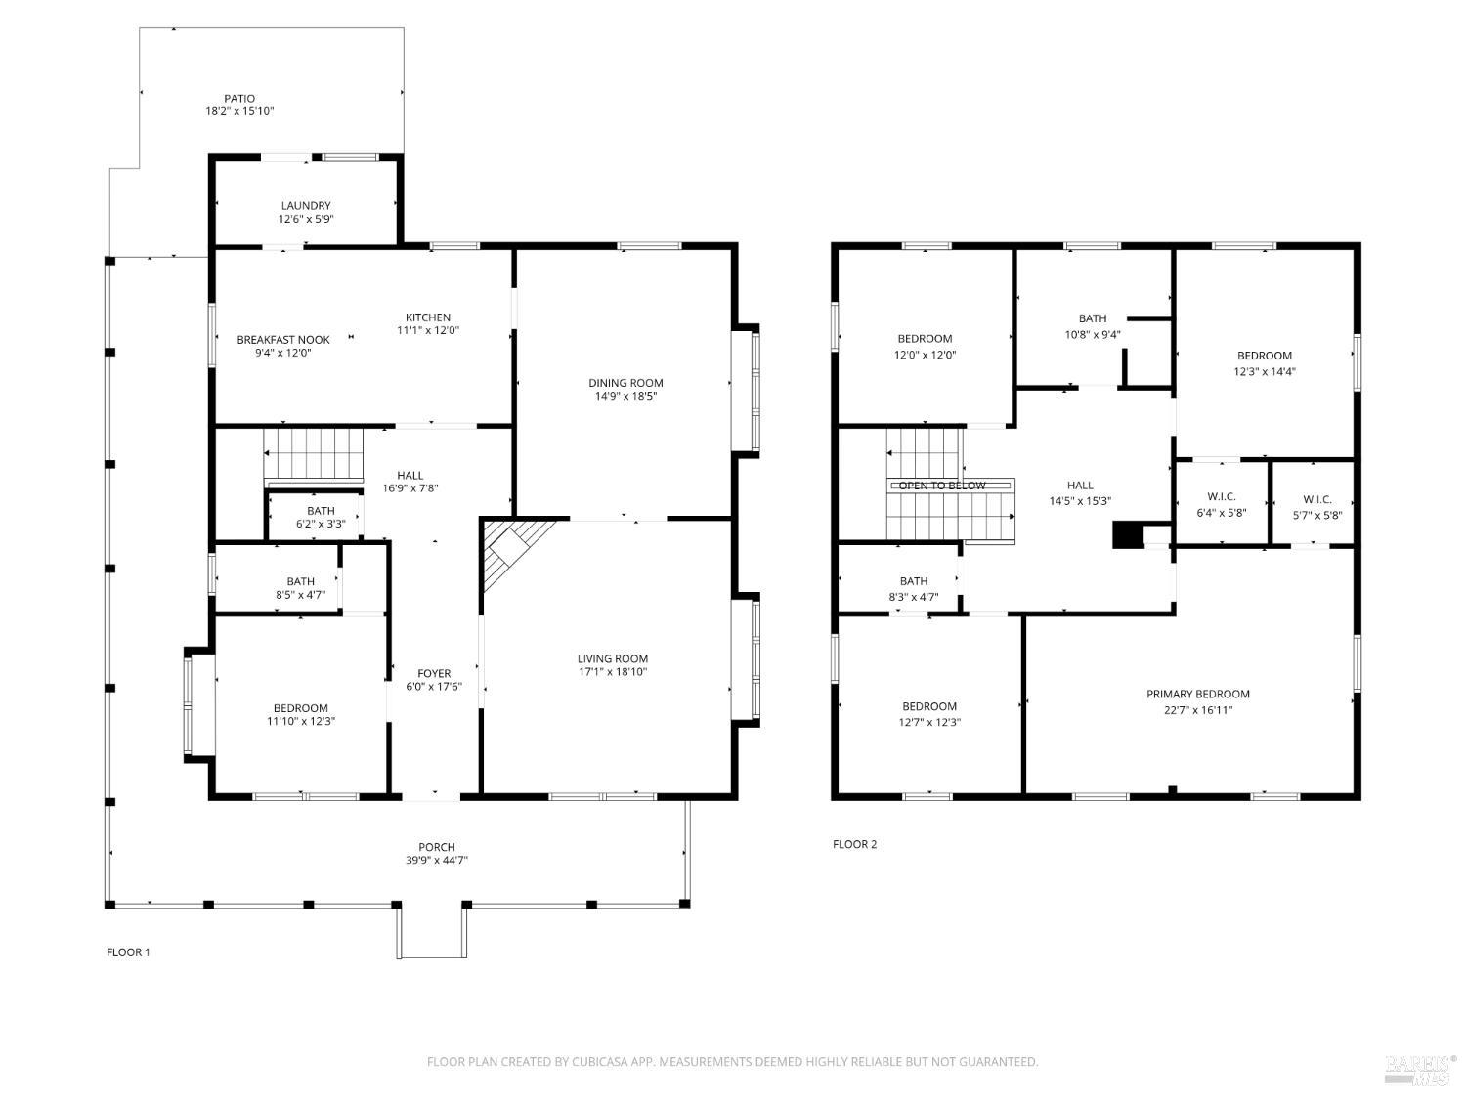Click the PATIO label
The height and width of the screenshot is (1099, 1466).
pyautogui.click(x=239, y=99)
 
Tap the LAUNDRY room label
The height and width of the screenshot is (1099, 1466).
pyautogui.click(x=305, y=206)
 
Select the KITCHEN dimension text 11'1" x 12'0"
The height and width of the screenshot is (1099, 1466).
pyautogui.click(x=428, y=330)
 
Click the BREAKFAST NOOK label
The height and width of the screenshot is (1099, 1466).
pyautogui.click(x=283, y=340)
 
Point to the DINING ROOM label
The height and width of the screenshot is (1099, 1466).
pyautogui.click(x=625, y=383)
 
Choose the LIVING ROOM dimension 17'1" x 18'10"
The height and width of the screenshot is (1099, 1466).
pyautogui.click(x=613, y=672)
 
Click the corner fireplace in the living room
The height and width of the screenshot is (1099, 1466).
pyautogui.click(x=513, y=550)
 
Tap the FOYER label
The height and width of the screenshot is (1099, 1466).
pyautogui.click(x=434, y=673)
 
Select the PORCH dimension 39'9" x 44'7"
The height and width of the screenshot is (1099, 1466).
pyautogui.click(x=437, y=860)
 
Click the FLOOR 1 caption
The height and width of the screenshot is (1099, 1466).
pyautogui.click(x=128, y=952)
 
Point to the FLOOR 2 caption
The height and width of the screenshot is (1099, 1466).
pyautogui.click(x=854, y=844)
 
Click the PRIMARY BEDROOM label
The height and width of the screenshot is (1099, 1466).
pyautogui.click(x=1197, y=694)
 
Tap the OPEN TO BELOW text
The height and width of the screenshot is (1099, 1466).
pyautogui.click(x=942, y=486)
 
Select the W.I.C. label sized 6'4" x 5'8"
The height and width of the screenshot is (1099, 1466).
pyautogui.click(x=1222, y=497)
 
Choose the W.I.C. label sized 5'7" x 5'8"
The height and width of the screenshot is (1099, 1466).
pyautogui.click(x=1317, y=500)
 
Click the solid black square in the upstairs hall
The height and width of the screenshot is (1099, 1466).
pyautogui.click(x=1128, y=535)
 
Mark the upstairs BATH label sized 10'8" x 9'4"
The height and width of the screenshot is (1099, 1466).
pyautogui.click(x=1093, y=319)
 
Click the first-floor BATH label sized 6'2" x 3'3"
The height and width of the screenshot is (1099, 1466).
pyautogui.click(x=321, y=511)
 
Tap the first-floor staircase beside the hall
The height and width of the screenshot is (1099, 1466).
pyautogui.click(x=313, y=454)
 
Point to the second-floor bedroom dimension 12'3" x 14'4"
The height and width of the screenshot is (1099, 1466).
pyautogui.click(x=1265, y=372)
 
